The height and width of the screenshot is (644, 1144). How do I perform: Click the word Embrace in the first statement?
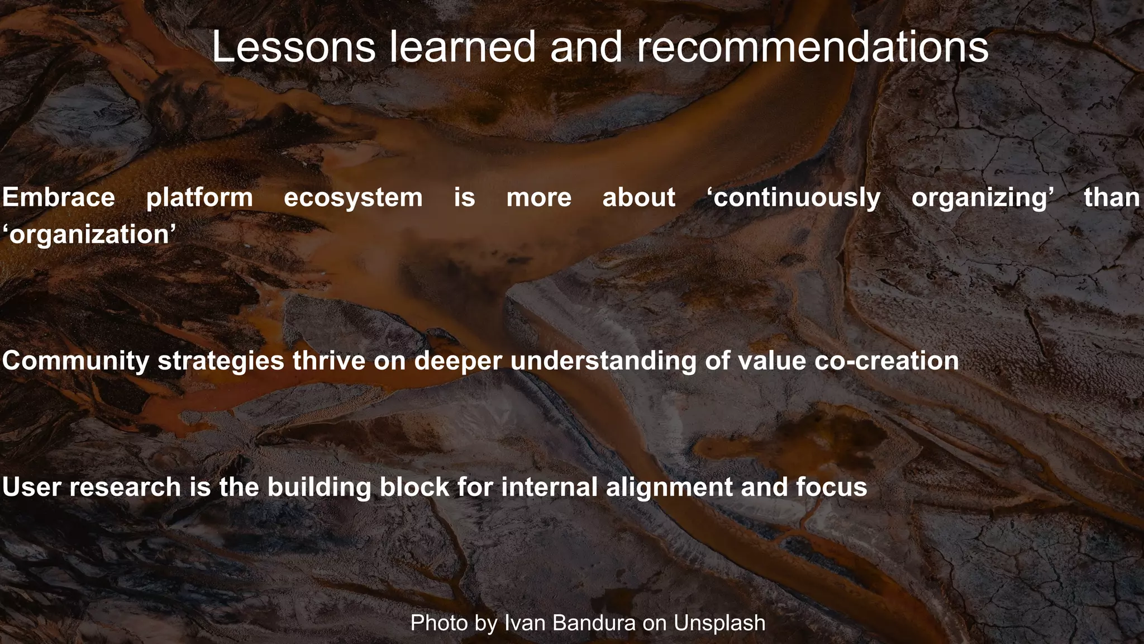[59, 198]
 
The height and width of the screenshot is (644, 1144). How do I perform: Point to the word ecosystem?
[353, 198]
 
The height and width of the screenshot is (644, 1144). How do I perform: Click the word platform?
[199, 198]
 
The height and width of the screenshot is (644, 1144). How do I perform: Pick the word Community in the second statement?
[75, 361]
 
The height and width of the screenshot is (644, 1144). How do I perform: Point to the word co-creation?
[886, 361]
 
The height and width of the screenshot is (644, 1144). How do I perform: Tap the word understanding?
[603, 361]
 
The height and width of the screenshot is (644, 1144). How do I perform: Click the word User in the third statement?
[32, 487]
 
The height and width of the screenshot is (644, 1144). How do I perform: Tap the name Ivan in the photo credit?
[523, 623]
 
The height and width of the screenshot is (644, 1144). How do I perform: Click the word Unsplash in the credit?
[719, 623]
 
